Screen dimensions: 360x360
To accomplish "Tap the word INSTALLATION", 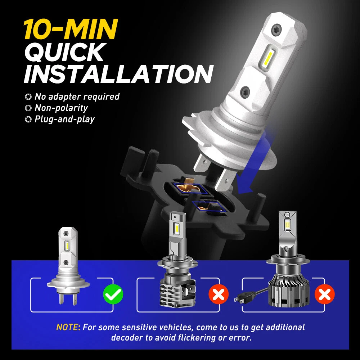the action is click(x=119, y=74).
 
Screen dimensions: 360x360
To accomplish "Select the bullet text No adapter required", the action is click(x=77, y=96).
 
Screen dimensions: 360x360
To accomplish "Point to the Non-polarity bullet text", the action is click(x=61, y=108).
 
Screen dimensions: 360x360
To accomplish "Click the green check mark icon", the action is click(x=113, y=294).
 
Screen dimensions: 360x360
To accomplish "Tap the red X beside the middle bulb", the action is click(x=219, y=294).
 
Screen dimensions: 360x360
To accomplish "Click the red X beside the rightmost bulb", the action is click(x=324, y=294).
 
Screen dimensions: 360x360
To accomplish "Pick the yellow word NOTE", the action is click(x=67, y=327).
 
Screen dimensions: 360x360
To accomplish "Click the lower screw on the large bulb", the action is click(x=245, y=91).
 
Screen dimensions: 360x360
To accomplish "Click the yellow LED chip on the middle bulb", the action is click(x=177, y=227).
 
